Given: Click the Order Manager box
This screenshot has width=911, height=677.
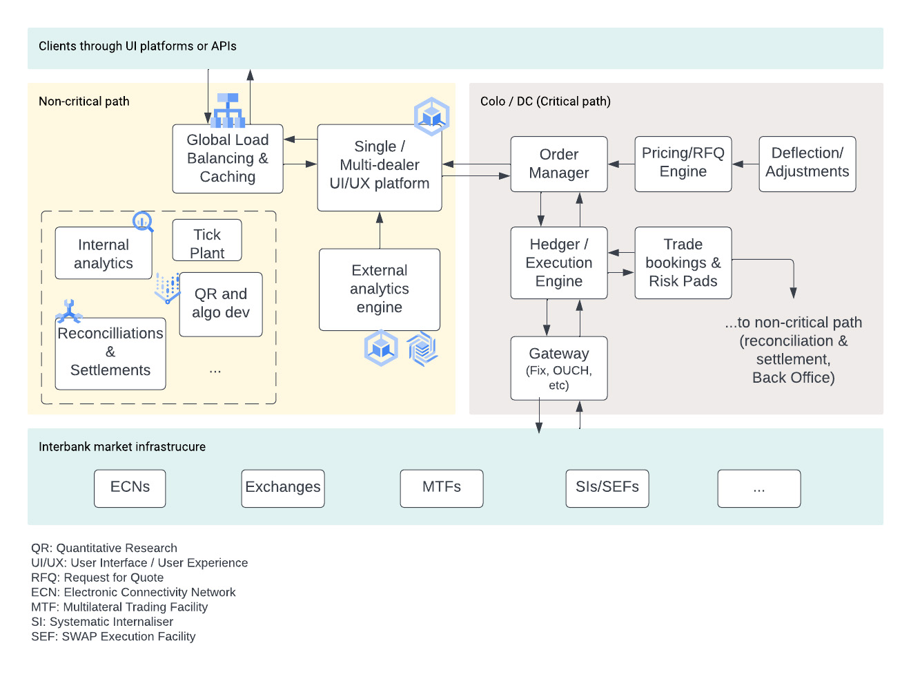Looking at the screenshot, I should [x=559, y=164].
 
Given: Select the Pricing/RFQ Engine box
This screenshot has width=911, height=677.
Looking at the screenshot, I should [x=683, y=164].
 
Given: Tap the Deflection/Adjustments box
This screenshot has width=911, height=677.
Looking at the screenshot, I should [x=807, y=164].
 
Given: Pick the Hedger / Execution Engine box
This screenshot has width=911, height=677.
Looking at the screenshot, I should [x=559, y=263].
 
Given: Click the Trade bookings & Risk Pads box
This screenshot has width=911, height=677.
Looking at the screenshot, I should [x=683, y=263].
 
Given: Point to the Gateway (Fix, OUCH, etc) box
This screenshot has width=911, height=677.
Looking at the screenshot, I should [x=559, y=368].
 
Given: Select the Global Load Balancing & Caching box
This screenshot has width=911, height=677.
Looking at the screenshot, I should [x=228, y=159].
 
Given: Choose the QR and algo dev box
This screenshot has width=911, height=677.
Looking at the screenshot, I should [x=221, y=304].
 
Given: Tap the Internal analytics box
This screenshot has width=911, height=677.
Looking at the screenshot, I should [x=104, y=254].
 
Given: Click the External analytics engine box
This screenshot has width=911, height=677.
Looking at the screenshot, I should [x=380, y=289].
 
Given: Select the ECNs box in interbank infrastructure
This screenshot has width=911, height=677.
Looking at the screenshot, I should [x=130, y=488].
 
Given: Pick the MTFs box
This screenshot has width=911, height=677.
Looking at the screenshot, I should [x=442, y=488].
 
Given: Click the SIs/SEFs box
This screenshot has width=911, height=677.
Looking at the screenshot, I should [x=607, y=488].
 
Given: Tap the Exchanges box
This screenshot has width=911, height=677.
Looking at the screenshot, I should [x=283, y=488].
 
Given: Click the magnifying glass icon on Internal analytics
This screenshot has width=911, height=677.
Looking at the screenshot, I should [x=143, y=222].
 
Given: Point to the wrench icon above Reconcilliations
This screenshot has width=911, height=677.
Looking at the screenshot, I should [x=68, y=312].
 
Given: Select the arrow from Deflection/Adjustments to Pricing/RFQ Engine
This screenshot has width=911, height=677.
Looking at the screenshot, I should [x=745, y=164].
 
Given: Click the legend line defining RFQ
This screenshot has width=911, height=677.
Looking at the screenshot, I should [x=97, y=578].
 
